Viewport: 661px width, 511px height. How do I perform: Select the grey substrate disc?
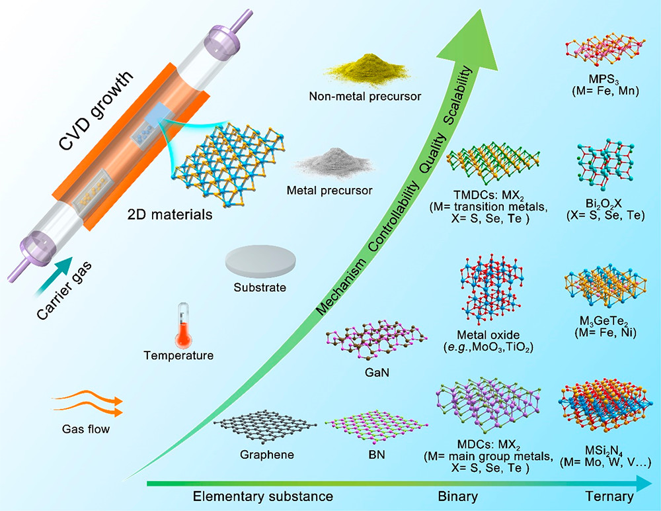click(x=259, y=261)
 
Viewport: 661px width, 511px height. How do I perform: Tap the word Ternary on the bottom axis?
click(x=606, y=496)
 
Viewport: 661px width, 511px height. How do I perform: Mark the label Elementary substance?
click(x=262, y=496)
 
